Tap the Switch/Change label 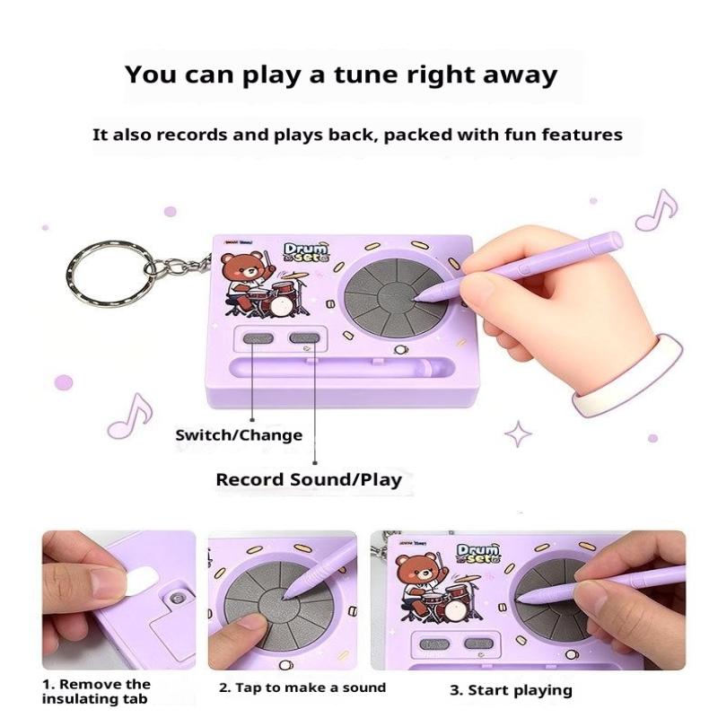239,434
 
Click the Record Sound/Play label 309,479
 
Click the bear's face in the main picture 239,270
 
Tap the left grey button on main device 258,339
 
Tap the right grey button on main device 304,338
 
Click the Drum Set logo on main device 306,252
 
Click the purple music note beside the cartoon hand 656,211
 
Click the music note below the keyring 129,416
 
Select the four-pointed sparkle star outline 518,433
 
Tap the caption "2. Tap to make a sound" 302,687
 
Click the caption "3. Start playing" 511,690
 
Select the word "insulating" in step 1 73,699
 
